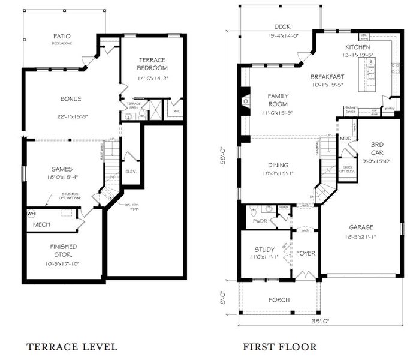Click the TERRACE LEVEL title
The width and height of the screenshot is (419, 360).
(x=72, y=346)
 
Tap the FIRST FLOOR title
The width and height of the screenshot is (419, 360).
(x=279, y=346)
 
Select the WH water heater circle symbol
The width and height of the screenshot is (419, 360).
(x=31, y=213)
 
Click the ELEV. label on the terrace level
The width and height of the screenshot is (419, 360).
(x=131, y=171)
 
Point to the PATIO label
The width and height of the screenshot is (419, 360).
(x=62, y=36)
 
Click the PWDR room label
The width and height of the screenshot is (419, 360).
(x=260, y=221)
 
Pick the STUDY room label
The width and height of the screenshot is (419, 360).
(x=264, y=249)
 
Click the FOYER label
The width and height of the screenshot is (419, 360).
(x=306, y=253)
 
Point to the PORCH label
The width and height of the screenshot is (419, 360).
(x=279, y=299)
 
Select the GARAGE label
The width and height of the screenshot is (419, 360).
(x=361, y=227)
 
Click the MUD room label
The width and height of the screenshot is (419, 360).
(x=346, y=139)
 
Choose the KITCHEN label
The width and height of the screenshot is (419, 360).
(x=358, y=47)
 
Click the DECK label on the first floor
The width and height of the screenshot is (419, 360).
(x=282, y=26)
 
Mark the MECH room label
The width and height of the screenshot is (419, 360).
(x=41, y=224)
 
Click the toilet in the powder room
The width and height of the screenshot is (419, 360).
(x=254, y=211)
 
